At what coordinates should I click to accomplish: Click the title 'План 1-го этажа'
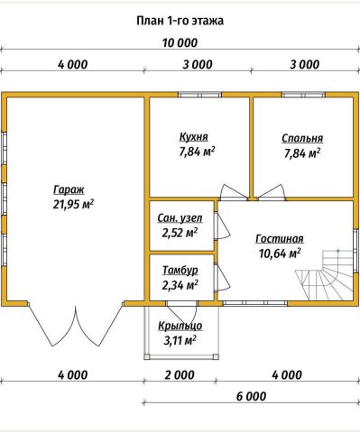(x=180, y=21)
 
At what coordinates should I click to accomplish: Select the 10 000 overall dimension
(x=180, y=42)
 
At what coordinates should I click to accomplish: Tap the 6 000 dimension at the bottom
(x=251, y=396)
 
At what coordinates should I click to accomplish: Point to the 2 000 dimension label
(x=180, y=375)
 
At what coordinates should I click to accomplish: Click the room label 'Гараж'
(x=69, y=190)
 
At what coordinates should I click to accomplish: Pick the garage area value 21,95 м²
(x=73, y=204)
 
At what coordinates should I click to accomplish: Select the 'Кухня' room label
(x=194, y=137)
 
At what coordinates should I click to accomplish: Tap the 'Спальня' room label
(x=302, y=139)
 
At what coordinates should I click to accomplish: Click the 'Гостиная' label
(x=280, y=239)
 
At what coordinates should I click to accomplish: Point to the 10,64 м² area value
(x=280, y=253)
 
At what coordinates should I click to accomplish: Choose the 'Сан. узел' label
(x=180, y=218)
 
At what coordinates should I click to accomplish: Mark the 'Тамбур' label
(x=180, y=270)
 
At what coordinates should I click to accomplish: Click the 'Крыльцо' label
(x=180, y=326)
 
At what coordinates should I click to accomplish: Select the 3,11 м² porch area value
(x=180, y=341)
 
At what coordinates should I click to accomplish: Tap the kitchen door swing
(x=234, y=192)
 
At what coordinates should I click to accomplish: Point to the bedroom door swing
(x=272, y=192)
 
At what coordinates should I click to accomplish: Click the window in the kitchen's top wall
(x=199, y=95)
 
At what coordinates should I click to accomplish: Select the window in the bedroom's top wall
(x=303, y=95)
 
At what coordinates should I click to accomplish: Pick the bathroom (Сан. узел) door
(x=222, y=226)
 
